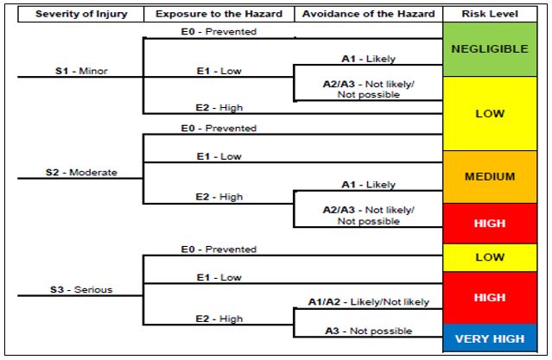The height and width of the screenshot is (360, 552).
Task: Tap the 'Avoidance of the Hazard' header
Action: pos(367,14)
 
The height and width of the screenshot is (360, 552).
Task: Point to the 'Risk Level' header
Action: pos(489,14)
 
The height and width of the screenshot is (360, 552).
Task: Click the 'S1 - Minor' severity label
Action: pos(76,71)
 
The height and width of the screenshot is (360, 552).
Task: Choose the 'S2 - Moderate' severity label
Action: pos(81,172)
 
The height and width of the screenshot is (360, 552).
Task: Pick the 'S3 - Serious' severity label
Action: pos(79,289)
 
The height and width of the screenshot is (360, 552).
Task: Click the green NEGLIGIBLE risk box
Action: pos(489,49)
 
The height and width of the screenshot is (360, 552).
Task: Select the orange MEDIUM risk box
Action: pos(489,177)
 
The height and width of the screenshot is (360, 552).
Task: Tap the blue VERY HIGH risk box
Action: pos(489,339)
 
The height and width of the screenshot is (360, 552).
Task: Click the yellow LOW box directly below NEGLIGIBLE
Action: pos(489,113)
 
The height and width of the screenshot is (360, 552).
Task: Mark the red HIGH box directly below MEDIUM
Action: pos(489,223)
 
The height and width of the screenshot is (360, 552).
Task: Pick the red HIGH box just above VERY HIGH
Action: pos(489,297)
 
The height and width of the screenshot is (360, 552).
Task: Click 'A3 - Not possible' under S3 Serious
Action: pos(368,330)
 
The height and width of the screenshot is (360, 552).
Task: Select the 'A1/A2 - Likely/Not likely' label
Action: pos(368,301)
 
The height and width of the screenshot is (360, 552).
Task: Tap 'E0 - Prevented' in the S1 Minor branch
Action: pos(219,32)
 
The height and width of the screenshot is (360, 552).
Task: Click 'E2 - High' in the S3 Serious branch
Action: pos(219,318)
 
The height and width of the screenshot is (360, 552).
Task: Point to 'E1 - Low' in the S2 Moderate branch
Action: pos(219,156)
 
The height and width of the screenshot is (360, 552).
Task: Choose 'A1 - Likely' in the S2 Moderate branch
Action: pos(368,184)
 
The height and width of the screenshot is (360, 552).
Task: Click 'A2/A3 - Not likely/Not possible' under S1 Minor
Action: pos(368,89)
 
